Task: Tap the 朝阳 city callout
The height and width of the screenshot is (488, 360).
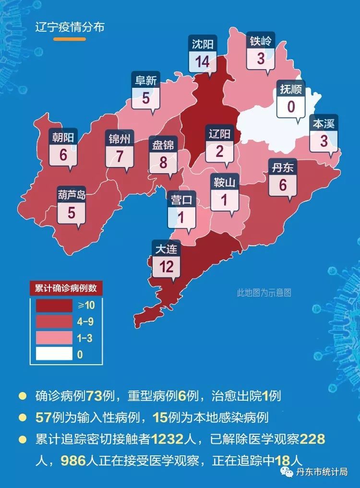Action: pyautogui.click(x=63, y=150)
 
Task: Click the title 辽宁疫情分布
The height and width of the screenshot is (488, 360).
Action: pyautogui.click(x=70, y=26)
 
